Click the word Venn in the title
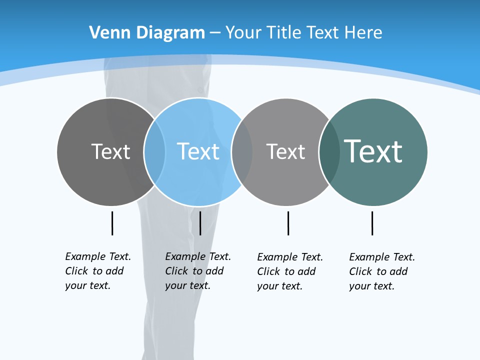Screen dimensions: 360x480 tap(105, 32)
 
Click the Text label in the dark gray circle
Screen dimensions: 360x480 tap(110, 151)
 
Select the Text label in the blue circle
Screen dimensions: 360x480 tap(198, 151)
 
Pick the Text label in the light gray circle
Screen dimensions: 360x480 tap(285, 151)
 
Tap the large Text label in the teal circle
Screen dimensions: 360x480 tap(373, 151)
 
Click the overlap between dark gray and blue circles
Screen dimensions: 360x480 tap(154, 152)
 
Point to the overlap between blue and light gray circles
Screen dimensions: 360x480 tap(242, 152)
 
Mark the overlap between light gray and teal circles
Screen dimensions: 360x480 tap(329, 152)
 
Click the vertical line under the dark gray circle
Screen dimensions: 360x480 tap(112, 223)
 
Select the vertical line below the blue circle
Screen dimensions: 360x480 tap(200, 223)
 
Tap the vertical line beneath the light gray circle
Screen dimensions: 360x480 tap(288, 223)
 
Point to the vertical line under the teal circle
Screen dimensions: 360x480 tap(372, 223)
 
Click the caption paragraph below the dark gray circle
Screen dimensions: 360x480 tap(98, 271)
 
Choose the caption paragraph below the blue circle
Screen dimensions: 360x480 tap(198, 271)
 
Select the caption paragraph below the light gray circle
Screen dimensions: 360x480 tap(290, 271)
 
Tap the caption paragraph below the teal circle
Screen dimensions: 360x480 tap(382, 271)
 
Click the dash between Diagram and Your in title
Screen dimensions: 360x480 tap(215, 33)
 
